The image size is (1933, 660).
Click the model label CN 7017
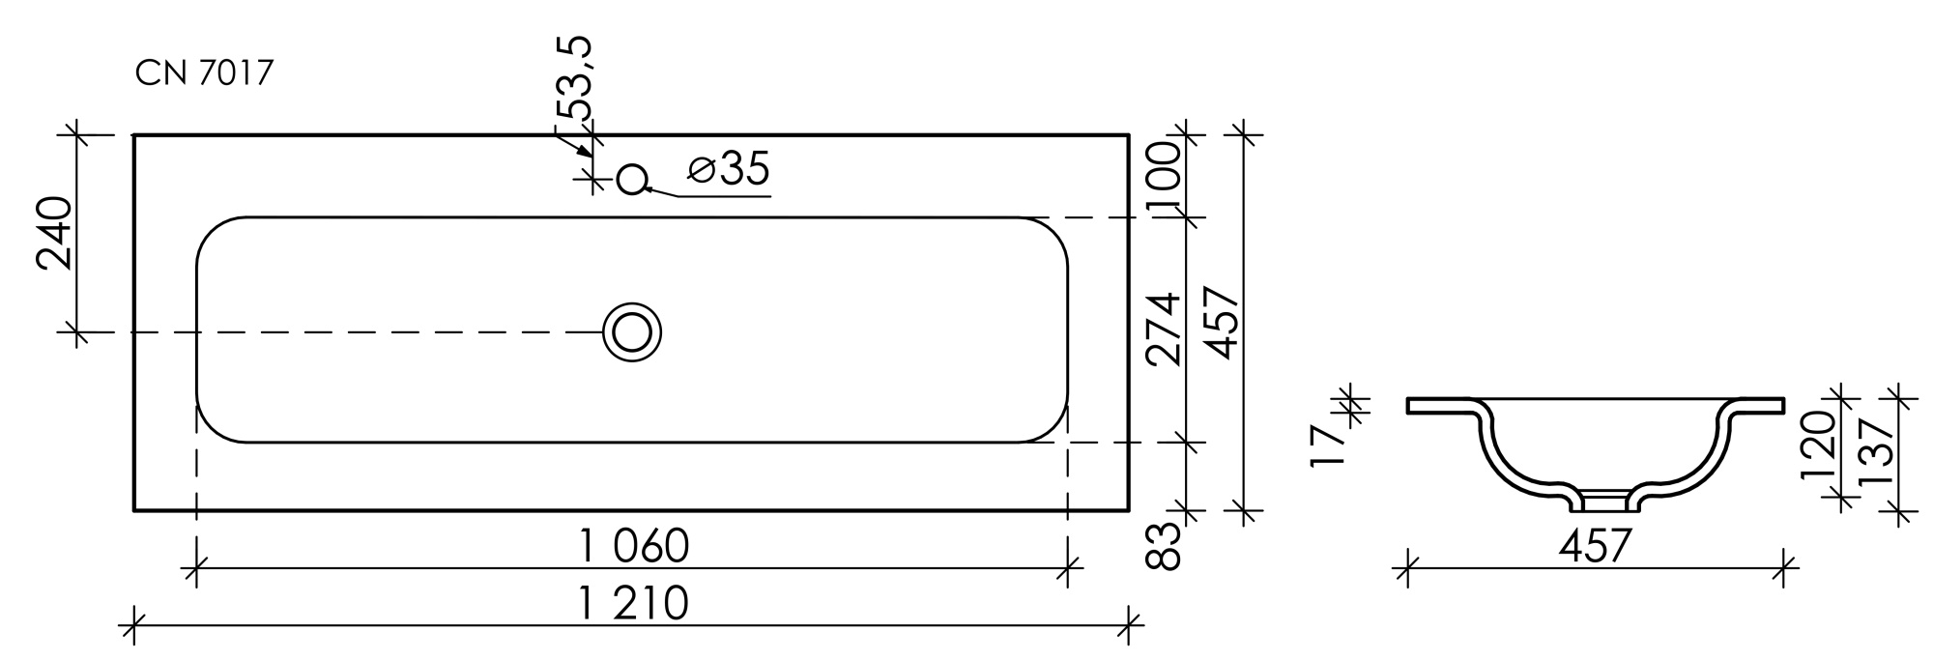[205, 73]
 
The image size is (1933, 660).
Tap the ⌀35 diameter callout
[729, 169]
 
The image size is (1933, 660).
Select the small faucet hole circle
[631, 179]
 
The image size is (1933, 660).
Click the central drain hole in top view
[632, 332]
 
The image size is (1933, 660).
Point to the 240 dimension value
[55, 233]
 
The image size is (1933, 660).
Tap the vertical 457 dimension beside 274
[1222, 323]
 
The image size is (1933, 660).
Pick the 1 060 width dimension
[634, 547]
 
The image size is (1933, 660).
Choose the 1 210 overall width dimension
[634, 604]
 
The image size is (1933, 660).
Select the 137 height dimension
[1874, 452]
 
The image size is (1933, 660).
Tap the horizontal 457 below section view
[1595, 547]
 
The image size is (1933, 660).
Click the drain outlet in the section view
[1596, 501]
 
